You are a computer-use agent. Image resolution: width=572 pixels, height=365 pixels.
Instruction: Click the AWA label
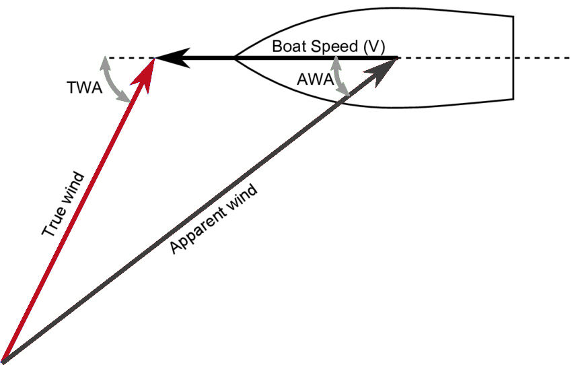tap(314, 79)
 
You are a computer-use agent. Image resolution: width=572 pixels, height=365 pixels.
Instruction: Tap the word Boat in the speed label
tap(287, 47)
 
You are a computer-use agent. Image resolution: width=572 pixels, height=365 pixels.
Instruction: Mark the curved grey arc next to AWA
tap(341, 75)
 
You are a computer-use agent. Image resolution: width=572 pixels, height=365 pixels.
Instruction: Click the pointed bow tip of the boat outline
tap(235, 59)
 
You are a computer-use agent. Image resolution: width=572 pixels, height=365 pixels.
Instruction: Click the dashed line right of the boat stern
tap(542, 59)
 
